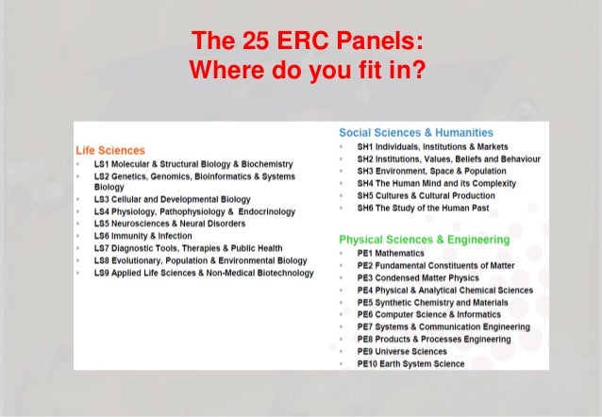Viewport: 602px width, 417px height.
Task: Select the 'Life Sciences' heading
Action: point(110,150)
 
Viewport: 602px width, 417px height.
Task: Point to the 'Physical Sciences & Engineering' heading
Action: point(424,240)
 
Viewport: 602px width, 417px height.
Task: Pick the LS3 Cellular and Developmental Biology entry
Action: point(172,200)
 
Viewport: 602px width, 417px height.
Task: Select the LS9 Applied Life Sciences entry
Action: point(203,273)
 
